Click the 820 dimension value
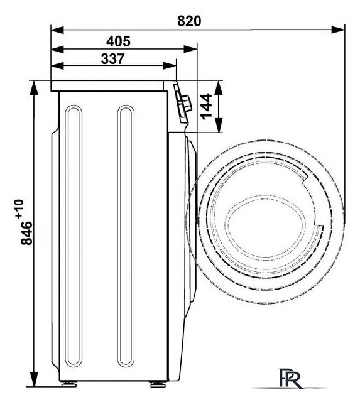tap(189, 21)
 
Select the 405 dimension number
tap(118, 41)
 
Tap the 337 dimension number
tap(113, 58)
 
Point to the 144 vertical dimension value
tap(207, 107)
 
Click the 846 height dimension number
tap(26, 233)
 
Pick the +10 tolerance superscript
tap(19, 209)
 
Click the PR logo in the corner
tap(290, 378)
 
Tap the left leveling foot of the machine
tap(69, 384)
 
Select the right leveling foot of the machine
tap(158, 384)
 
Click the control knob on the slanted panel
tap(186, 103)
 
